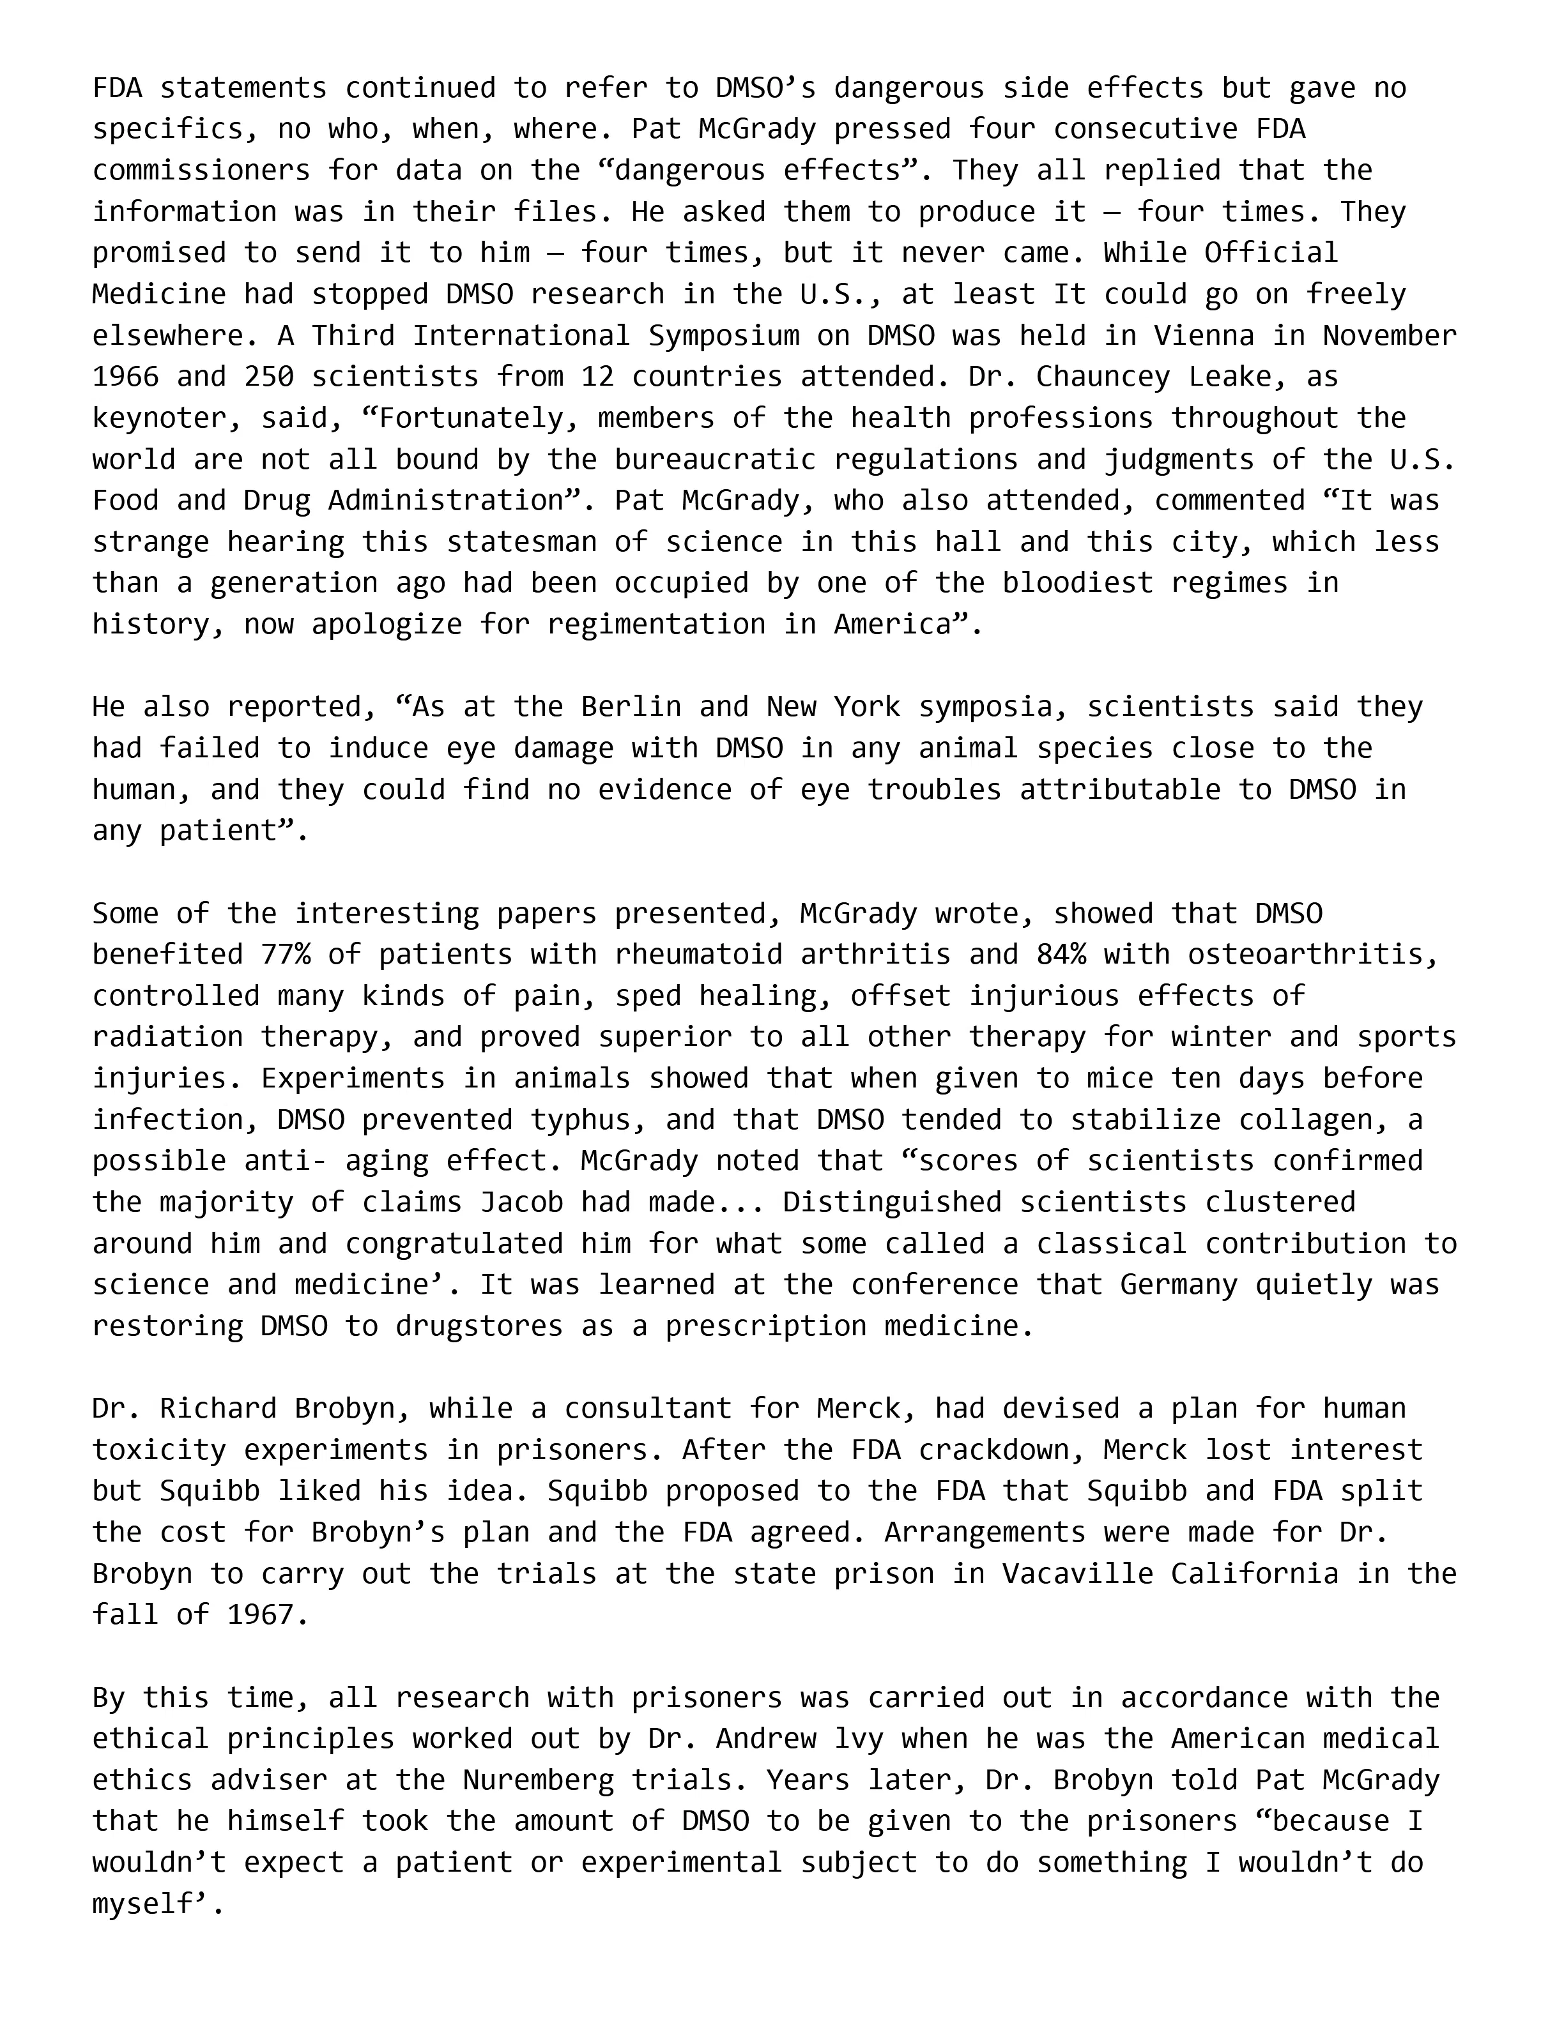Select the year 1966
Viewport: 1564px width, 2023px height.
[x=125, y=376]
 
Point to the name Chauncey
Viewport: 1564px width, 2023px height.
[x=1103, y=376]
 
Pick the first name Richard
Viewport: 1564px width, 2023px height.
[x=218, y=1408]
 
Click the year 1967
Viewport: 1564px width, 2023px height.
[x=261, y=1614]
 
